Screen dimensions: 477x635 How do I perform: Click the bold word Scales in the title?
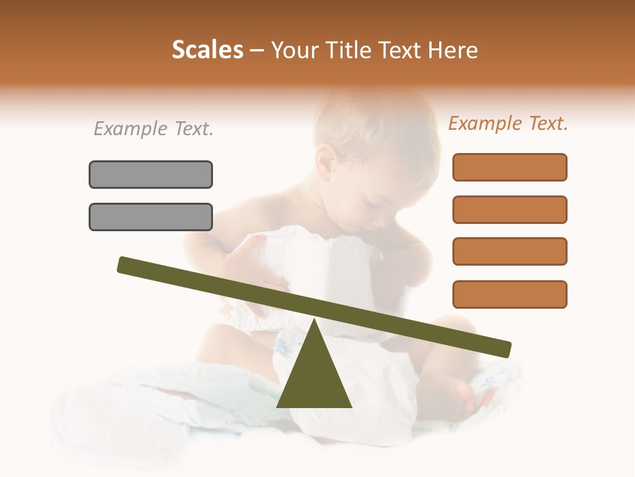[x=207, y=50]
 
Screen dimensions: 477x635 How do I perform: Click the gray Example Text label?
[x=153, y=129]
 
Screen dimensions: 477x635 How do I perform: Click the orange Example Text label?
[x=508, y=123]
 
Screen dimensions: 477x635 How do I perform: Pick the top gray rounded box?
[x=151, y=174]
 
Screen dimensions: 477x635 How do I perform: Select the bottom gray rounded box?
[x=151, y=217]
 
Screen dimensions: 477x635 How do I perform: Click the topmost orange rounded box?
[x=509, y=167]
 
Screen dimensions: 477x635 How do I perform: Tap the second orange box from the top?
[x=509, y=209]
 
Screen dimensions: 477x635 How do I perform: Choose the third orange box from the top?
[x=509, y=251]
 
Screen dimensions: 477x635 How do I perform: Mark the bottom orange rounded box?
[x=509, y=294]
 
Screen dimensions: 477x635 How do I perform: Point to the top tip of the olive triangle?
[x=314, y=321]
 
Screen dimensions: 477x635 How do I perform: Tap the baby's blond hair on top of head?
[x=370, y=119]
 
